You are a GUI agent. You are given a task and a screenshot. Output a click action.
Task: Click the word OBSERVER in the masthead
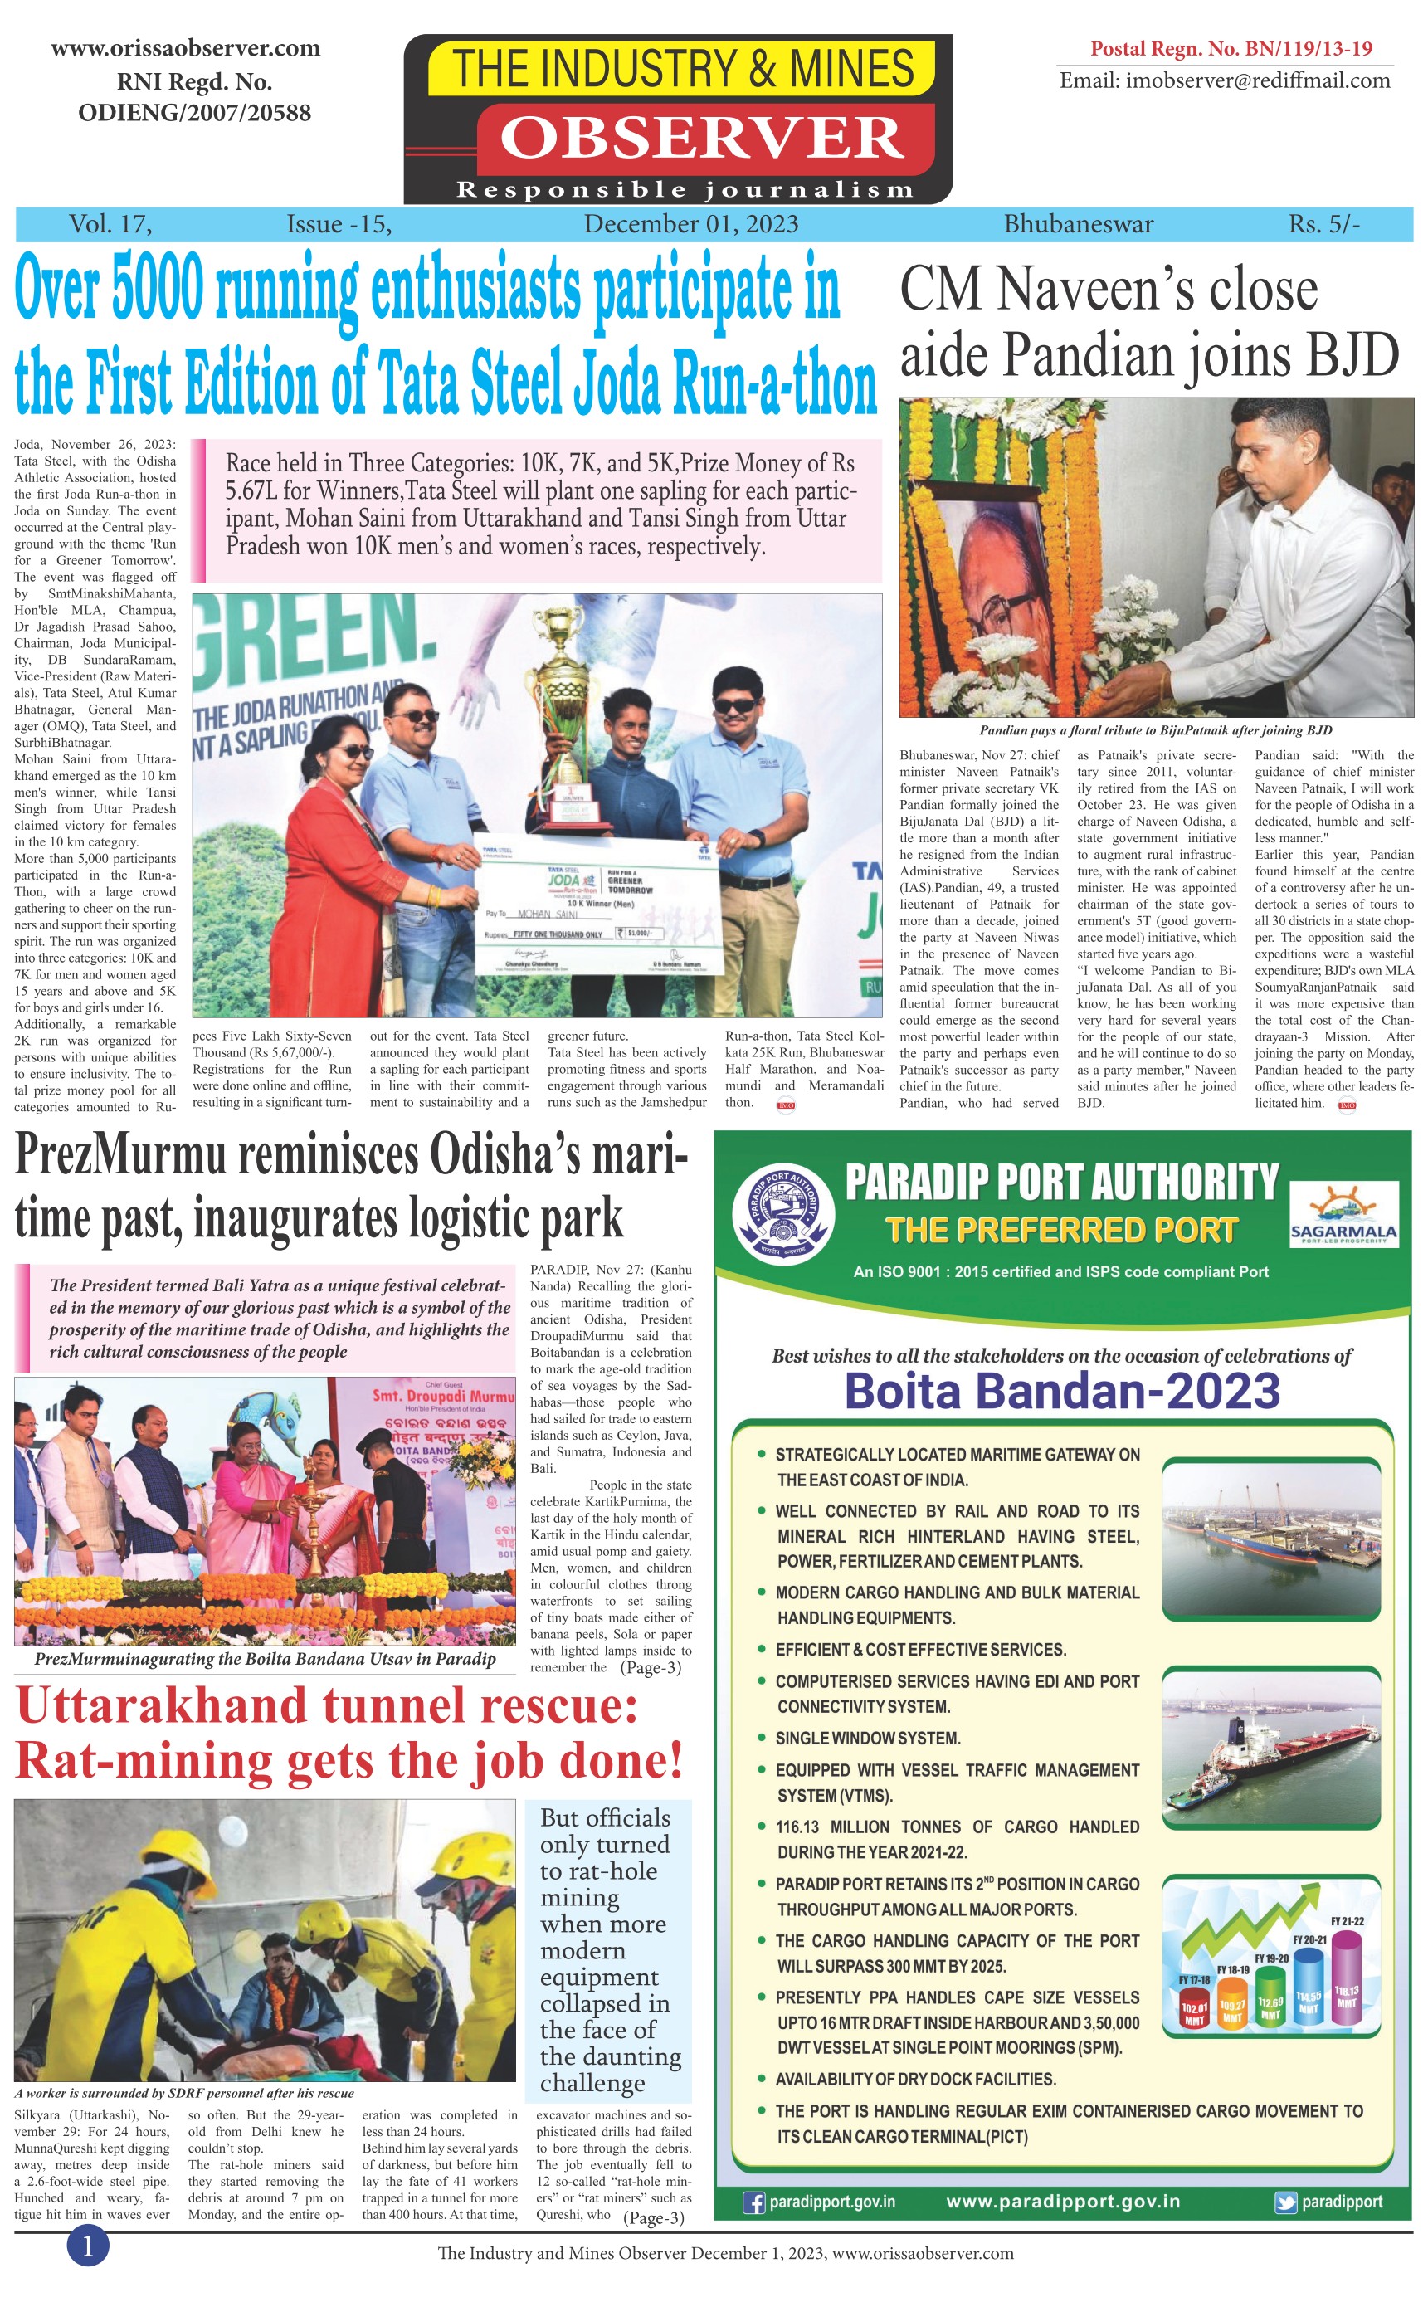(x=701, y=138)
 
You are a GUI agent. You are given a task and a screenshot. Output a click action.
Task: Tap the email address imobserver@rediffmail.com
(x=1224, y=80)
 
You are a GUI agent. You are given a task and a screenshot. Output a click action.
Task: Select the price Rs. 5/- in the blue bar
(x=1324, y=224)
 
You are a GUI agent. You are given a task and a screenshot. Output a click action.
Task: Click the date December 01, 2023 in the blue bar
(x=690, y=224)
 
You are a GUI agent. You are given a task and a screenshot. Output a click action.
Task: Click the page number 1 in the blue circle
(x=88, y=2246)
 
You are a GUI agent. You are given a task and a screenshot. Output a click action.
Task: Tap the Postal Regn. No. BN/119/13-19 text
(x=1231, y=48)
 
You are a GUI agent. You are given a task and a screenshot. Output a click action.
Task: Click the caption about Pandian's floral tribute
(x=1155, y=730)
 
